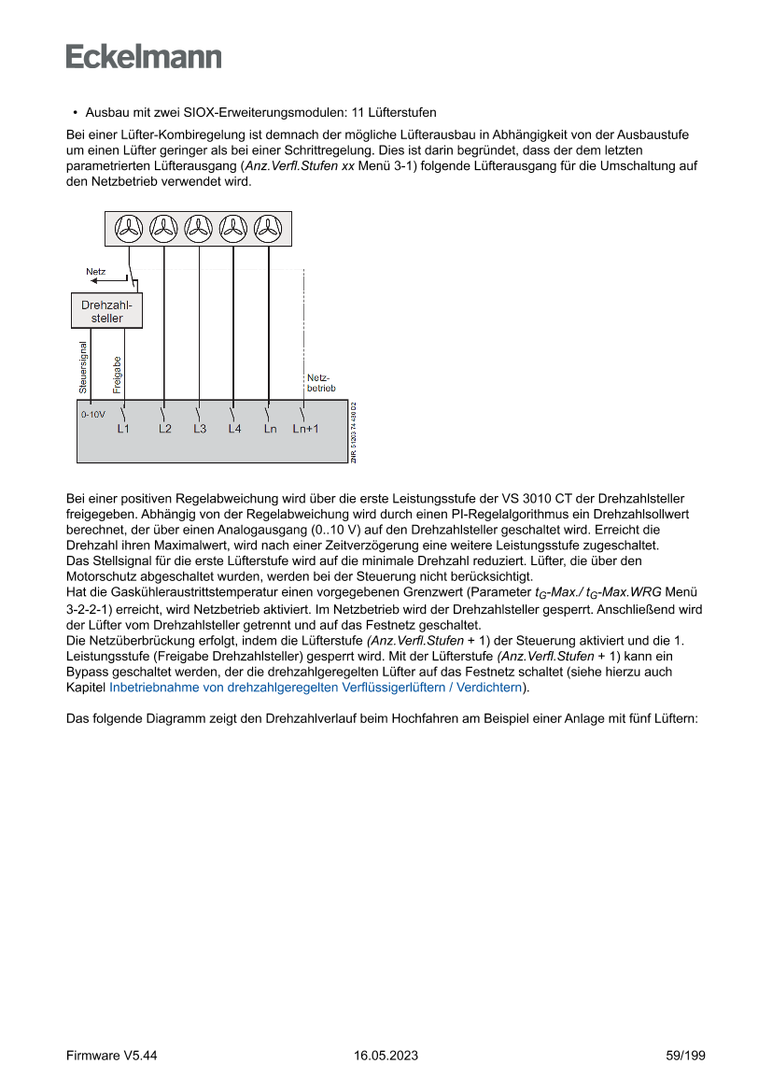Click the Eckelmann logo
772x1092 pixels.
point(144,57)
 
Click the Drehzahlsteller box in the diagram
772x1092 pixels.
point(107,311)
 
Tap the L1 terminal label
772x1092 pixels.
point(123,429)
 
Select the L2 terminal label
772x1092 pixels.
point(165,429)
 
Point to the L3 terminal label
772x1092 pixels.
point(200,429)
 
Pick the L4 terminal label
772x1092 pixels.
point(234,429)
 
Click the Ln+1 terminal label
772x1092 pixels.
point(305,429)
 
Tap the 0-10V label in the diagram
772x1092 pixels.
point(93,413)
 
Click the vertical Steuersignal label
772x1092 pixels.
point(83,366)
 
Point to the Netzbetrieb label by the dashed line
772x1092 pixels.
point(320,382)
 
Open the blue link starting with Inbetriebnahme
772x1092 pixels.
point(315,688)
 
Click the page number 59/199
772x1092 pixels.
point(685,1056)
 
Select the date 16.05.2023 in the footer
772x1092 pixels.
point(386,1056)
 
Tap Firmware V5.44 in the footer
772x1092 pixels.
point(112,1056)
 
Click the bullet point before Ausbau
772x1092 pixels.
point(75,113)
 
